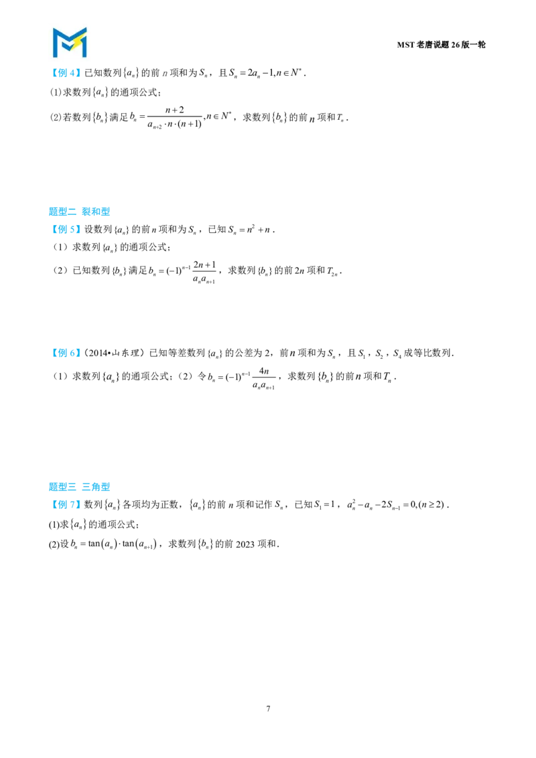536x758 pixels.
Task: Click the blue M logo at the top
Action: (70, 43)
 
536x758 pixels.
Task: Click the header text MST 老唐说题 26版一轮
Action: (441, 45)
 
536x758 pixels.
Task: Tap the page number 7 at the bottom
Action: (268, 708)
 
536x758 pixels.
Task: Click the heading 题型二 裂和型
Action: (79, 212)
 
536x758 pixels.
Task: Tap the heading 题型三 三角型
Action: (79, 487)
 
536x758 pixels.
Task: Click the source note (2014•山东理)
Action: (114, 354)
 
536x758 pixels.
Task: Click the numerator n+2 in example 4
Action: (175, 110)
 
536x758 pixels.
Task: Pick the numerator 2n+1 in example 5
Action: (204, 265)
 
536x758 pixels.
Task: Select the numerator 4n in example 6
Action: (264, 371)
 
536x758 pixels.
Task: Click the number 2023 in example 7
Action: (245, 544)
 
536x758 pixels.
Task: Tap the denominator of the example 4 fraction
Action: (175, 125)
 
